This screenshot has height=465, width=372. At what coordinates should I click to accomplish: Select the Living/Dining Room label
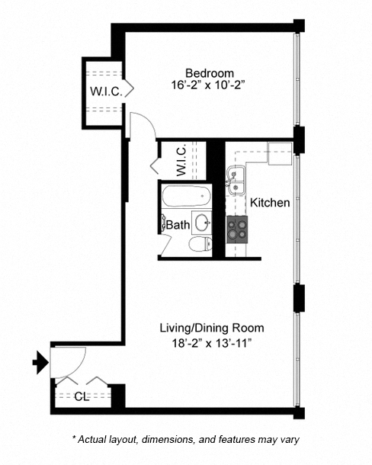[211, 328]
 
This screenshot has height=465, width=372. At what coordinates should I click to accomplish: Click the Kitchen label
[270, 203]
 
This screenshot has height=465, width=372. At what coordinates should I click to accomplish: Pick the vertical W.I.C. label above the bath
[181, 161]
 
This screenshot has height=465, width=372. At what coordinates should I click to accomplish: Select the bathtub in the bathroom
[185, 197]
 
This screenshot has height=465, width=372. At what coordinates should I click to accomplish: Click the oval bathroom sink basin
[202, 223]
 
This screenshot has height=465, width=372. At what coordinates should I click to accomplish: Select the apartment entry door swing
[66, 361]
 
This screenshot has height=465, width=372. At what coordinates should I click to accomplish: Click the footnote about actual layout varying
[186, 439]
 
